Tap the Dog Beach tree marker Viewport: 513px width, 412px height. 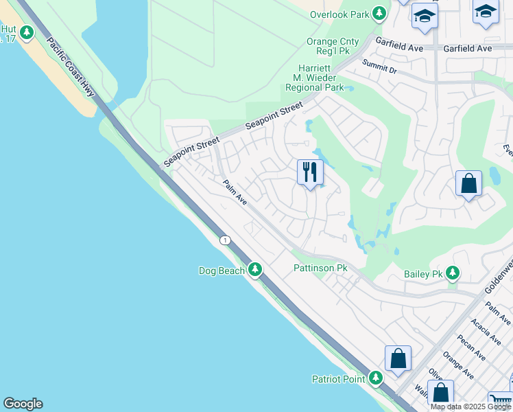click(255, 270)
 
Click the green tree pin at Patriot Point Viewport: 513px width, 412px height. click(375, 378)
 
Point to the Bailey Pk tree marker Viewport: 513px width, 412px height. click(452, 273)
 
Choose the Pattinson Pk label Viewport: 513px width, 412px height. click(320, 267)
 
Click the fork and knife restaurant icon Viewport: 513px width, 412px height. click(310, 172)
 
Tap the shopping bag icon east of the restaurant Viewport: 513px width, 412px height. click(469, 183)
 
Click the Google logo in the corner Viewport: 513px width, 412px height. click(23, 404)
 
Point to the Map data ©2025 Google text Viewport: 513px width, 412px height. click(470, 407)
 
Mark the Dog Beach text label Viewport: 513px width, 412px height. click(222, 271)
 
